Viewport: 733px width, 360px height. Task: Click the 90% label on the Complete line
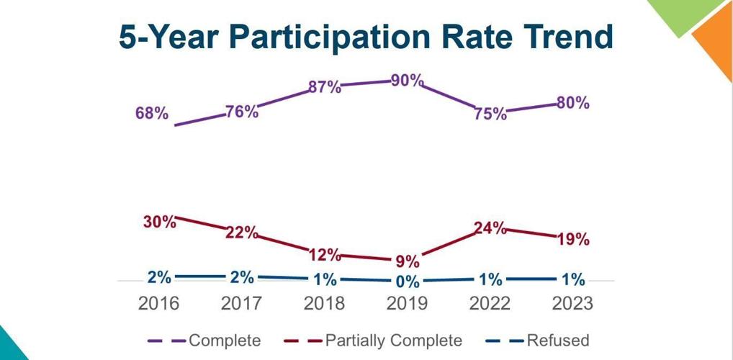click(408, 81)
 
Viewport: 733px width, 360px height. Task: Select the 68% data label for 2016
click(151, 113)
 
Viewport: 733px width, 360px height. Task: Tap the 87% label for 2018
click(325, 87)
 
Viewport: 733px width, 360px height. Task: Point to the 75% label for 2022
click(490, 114)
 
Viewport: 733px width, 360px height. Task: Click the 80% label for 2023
click(572, 103)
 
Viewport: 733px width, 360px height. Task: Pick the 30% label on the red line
click(159, 222)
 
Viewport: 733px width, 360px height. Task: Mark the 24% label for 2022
click(490, 229)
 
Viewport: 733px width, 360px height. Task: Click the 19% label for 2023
click(572, 239)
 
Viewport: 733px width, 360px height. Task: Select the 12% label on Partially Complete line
click(325, 254)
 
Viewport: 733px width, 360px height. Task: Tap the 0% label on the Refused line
click(408, 282)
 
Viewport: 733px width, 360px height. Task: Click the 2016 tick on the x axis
click(159, 303)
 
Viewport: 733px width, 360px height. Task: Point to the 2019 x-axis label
click(408, 303)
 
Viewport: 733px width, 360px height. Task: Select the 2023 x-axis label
click(572, 303)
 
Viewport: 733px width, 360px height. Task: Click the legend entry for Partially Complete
click(393, 341)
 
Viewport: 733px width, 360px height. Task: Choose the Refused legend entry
click(557, 341)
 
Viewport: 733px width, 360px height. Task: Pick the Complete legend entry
click(224, 341)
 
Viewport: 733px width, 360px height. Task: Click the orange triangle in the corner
click(716, 43)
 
